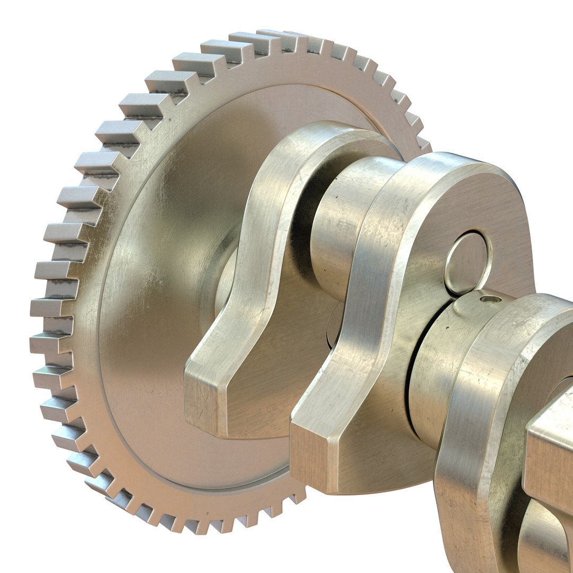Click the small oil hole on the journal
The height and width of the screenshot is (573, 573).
[490, 299]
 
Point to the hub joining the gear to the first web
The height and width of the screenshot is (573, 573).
[225, 281]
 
